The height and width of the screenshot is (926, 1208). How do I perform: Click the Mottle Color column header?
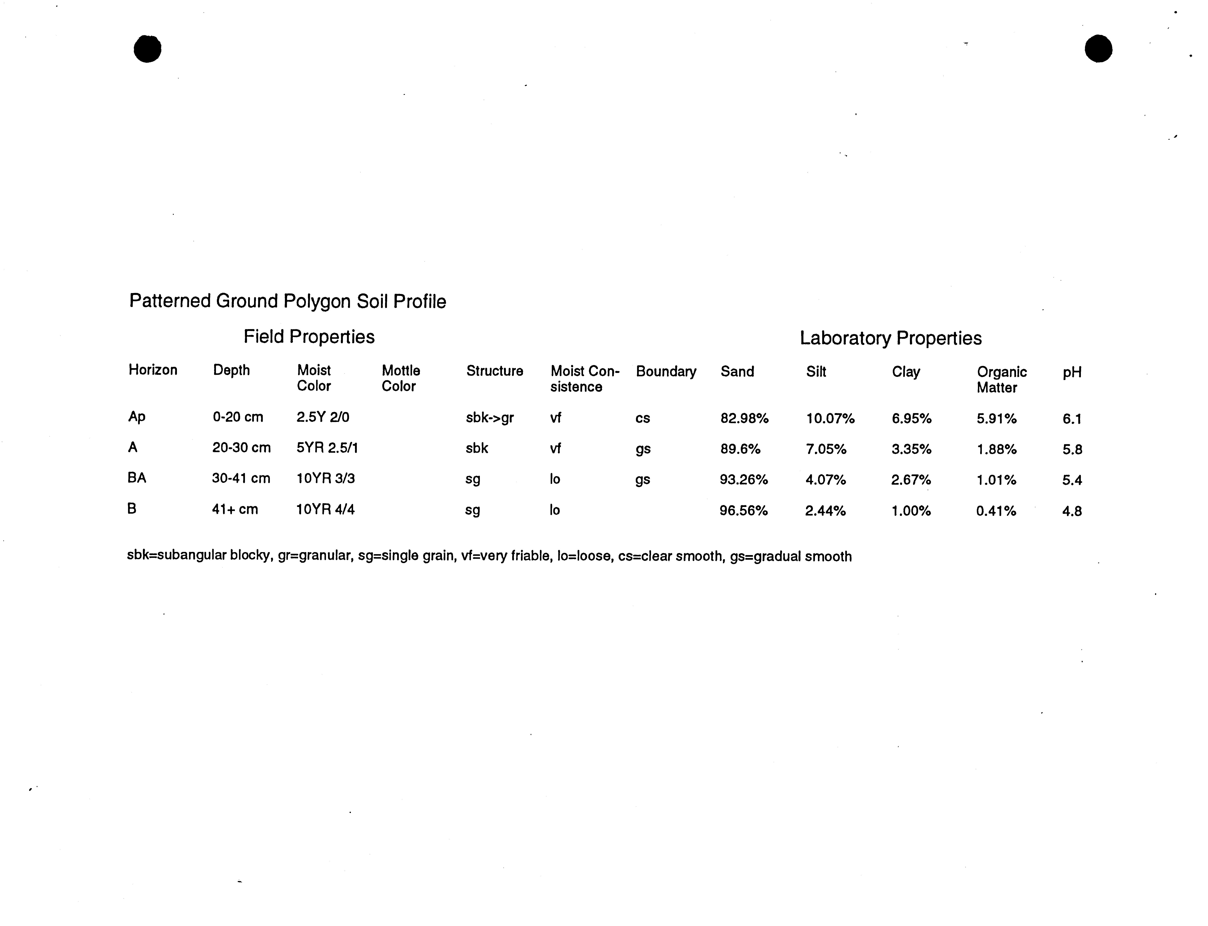401,378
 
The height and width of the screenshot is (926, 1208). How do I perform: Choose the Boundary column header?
666,371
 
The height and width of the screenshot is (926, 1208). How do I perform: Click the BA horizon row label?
137,478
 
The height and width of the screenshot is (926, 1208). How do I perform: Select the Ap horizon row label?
137,417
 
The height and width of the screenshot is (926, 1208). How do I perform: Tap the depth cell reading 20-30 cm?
241,447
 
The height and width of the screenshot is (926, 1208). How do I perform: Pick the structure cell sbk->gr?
489,418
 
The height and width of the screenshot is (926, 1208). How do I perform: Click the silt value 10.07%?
830,419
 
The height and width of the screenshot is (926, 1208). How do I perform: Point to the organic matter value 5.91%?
996,419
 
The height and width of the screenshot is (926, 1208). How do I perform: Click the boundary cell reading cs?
643,418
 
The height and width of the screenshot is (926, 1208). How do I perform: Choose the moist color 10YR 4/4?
325,509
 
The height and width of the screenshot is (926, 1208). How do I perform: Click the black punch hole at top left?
148,49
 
